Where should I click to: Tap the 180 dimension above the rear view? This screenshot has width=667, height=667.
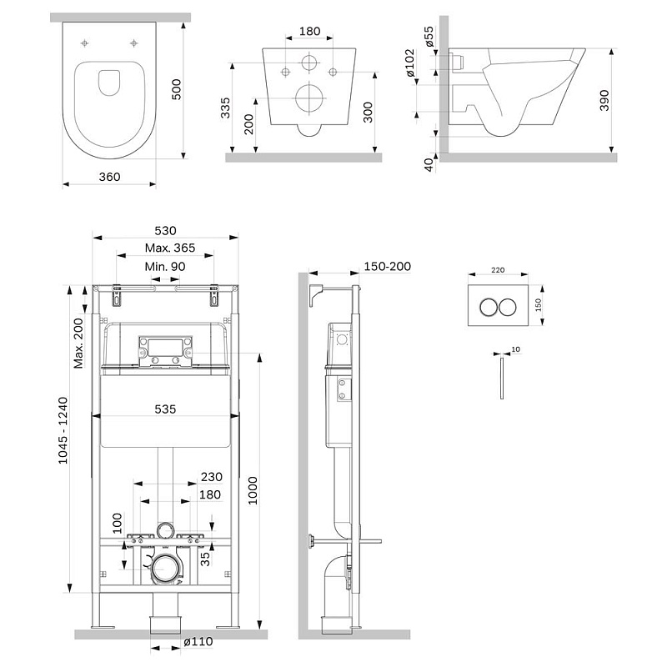pos(309,32)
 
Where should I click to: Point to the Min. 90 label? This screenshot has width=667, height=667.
pos(165,266)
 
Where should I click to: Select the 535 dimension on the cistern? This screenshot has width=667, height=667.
pos(165,410)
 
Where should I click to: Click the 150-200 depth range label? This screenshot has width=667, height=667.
pos(388,267)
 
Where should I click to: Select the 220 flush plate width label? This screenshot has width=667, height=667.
pos(497,270)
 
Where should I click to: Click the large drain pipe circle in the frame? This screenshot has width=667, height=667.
pos(166,569)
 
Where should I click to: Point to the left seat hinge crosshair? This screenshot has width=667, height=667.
pos(85,43)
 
